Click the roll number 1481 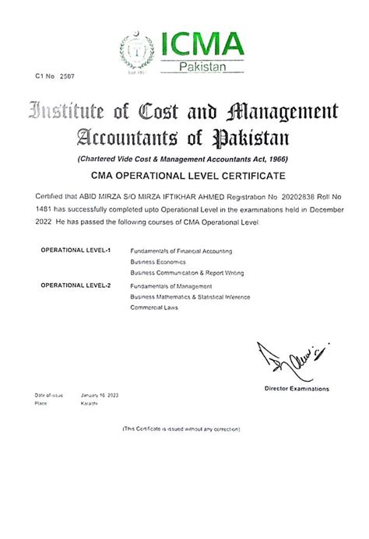pyautogui.click(x=45, y=211)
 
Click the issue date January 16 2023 pyautogui.click(x=99, y=396)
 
